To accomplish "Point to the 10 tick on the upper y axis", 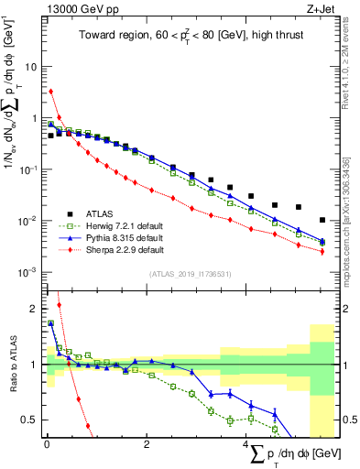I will coord(32,67).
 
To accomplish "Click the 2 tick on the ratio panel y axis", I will coord(34,309).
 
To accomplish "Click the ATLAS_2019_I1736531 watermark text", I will coord(191,274).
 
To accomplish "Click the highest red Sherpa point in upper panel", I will coord(51,91).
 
